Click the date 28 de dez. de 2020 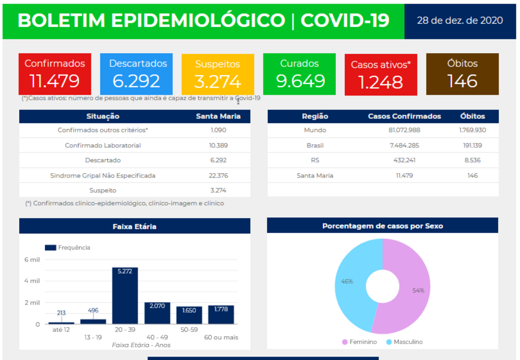(x=460, y=20)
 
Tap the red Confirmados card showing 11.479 (x=55, y=74)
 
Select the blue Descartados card (x=136, y=74)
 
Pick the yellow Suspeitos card (x=217, y=74)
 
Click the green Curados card (x=299, y=74)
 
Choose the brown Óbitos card (x=462, y=74)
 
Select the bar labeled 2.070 (x=157, y=313)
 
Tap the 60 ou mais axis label (x=221, y=337)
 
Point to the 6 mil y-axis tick (x=32, y=259)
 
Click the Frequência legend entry (x=68, y=248)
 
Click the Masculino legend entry (x=404, y=342)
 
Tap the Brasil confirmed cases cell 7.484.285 (x=404, y=145)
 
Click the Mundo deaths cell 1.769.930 (x=472, y=130)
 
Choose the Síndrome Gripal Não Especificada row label (x=103, y=176)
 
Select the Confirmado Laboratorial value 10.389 (x=218, y=145)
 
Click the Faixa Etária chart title (x=135, y=226)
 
